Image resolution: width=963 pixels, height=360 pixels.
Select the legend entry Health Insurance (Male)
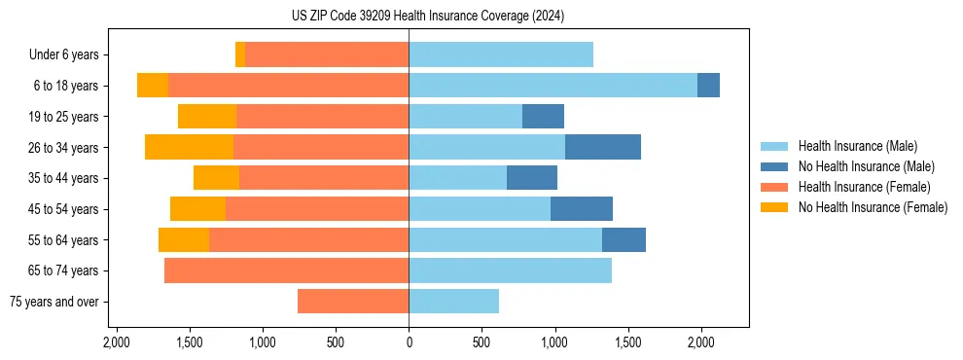(857, 146)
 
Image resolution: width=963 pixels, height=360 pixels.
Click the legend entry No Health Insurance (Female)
(873, 207)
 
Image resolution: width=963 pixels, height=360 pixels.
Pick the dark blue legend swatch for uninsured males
(775, 166)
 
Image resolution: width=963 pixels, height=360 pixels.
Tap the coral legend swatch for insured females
(775, 187)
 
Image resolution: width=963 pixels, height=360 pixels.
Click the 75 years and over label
(53, 302)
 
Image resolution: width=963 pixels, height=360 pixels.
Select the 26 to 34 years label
(64, 148)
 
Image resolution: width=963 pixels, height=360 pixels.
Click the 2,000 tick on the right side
(701, 342)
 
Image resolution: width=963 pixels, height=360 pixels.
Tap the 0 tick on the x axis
(409, 342)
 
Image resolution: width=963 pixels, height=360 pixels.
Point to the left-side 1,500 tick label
(189, 342)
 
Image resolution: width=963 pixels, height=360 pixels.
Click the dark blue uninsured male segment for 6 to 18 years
(708, 86)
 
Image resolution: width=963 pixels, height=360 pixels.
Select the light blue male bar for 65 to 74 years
(510, 270)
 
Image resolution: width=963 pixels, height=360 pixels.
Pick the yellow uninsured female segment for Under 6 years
(240, 55)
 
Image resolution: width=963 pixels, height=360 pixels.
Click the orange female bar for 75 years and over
(353, 302)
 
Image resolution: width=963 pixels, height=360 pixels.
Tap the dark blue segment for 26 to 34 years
(603, 148)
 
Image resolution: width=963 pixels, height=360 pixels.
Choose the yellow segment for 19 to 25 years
(207, 117)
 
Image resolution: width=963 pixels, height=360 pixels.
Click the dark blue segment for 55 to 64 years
(624, 240)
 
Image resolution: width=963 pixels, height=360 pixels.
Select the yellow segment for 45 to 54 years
(197, 209)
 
